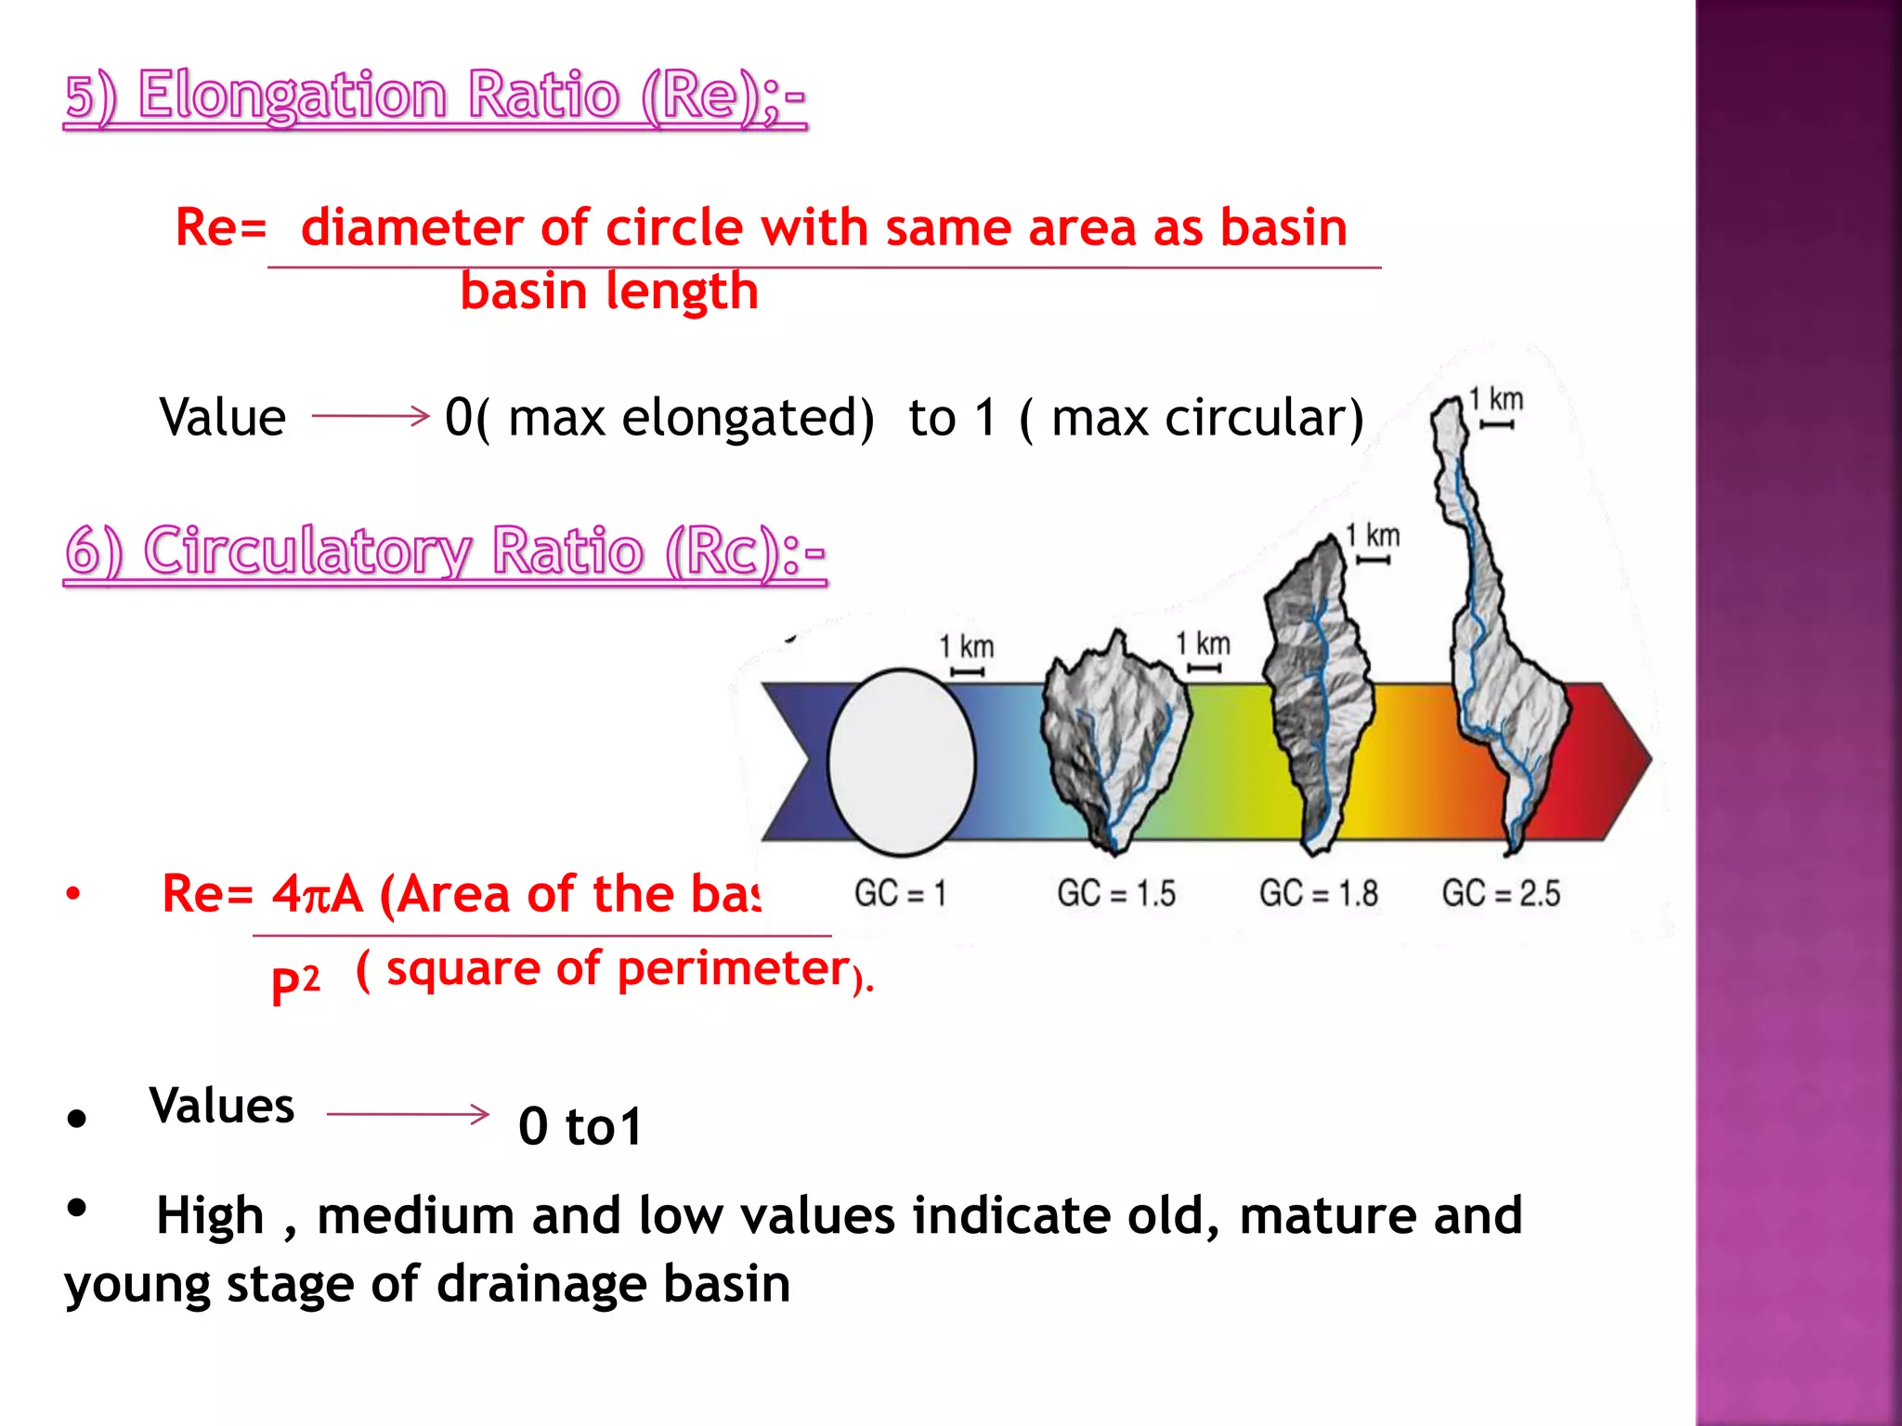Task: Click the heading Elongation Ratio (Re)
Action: click(x=435, y=97)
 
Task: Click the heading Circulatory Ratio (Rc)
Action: click(x=444, y=551)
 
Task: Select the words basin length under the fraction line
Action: click(x=609, y=292)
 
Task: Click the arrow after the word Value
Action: click(x=370, y=416)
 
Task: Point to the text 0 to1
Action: click(x=580, y=1126)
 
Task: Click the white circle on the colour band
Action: click(x=900, y=761)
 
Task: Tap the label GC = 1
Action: click(x=900, y=894)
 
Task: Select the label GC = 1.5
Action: click(x=1115, y=894)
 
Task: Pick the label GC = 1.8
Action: click(x=1318, y=894)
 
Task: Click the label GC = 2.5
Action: click(x=1501, y=894)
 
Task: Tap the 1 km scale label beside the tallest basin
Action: click(x=1495, y=400)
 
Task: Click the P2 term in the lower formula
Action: click(x=294, y=982)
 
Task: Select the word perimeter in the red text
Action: click(x=733, y=969)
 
